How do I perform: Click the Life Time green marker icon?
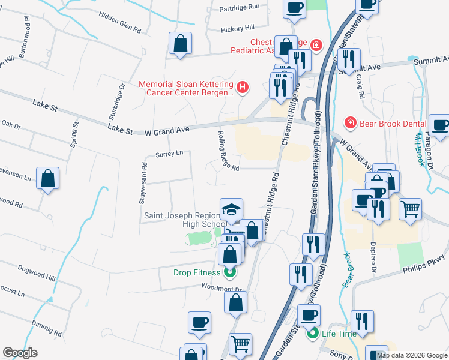312,334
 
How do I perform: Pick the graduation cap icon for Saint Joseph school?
231,209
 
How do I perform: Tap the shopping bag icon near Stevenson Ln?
47,178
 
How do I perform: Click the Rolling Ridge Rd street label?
228,151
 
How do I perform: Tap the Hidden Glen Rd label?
120,22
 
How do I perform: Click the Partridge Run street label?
239,7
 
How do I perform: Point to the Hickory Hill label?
238,28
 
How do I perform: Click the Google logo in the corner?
20,352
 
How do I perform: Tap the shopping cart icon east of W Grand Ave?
410,209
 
